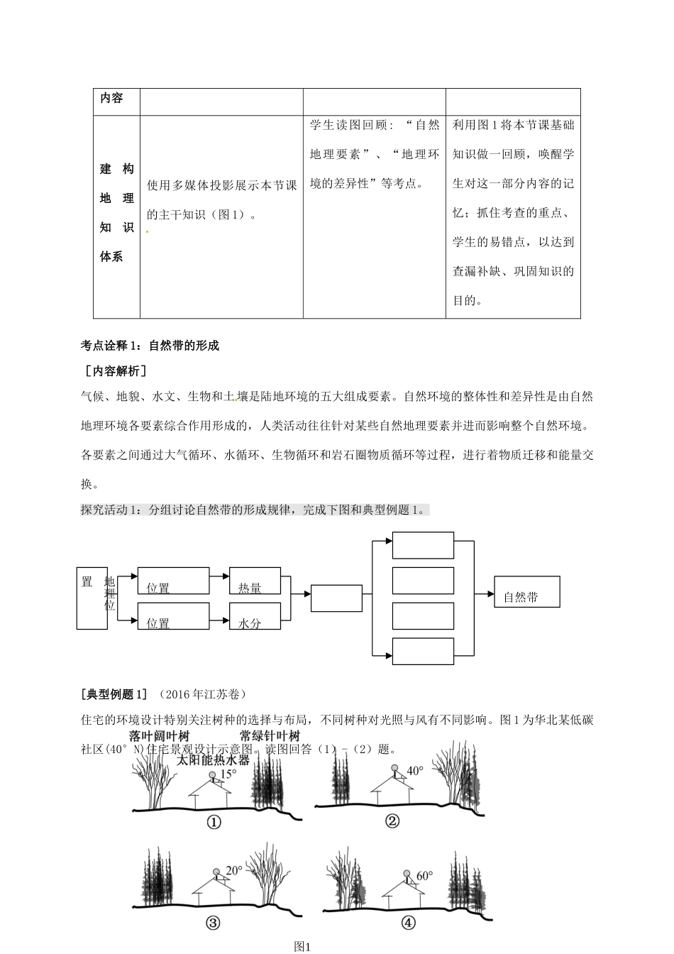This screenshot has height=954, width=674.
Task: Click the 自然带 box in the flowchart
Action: pos(527,592)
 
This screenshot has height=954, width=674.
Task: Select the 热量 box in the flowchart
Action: pos(255,581)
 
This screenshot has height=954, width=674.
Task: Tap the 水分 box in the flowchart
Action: pos(255,616)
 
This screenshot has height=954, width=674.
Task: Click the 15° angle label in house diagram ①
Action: pos(227,774)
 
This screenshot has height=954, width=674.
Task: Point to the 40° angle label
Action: pos(414,770)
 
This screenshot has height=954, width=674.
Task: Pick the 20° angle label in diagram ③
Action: pos(234,871)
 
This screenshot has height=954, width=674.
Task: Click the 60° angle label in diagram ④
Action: pos(424,876)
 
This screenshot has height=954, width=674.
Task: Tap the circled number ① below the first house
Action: pos(214,822)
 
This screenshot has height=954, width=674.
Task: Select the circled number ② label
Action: pos(392,821)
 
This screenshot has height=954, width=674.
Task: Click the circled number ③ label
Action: pos(212,923)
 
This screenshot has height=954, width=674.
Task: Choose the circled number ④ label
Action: pos(408,923)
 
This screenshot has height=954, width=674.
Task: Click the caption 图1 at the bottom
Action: pos(303,946)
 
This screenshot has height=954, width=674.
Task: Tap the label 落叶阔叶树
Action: pos(160,735)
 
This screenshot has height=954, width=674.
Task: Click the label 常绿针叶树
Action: pos(270,735)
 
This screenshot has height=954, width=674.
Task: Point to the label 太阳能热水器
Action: pos(213,760)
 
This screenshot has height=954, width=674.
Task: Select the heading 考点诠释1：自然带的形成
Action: pos(150,346)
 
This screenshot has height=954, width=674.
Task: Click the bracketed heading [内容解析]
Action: pos(115,371)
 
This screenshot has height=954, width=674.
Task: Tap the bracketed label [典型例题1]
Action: pos(115,693)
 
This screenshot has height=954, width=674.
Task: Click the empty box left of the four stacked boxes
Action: pos(336,598)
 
